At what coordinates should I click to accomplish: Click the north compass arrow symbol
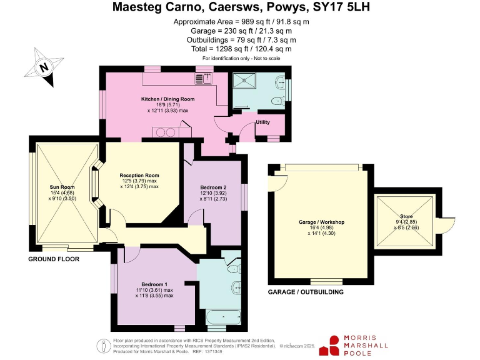[44, 67]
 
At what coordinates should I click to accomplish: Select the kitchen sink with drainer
[204, 78]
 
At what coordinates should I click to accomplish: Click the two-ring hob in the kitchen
[165, 132]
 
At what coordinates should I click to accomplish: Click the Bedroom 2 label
[213, 187]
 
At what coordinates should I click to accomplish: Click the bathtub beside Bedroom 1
[222, 316]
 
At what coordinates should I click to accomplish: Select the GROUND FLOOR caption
[54, 259]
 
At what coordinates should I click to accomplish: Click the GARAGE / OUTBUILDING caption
[306, 292]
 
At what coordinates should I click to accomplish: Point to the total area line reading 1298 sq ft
[240, 49]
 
